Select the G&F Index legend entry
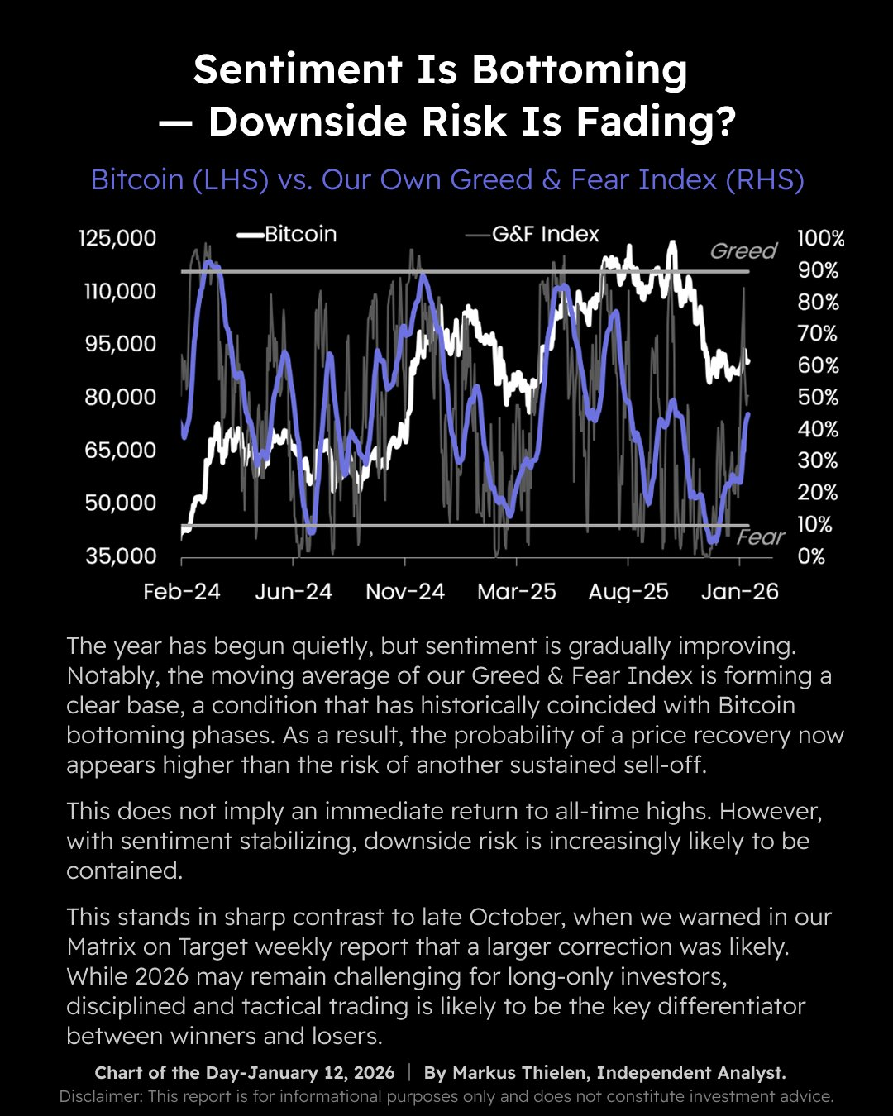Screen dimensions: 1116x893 [545, 234]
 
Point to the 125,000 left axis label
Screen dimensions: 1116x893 [117, 238]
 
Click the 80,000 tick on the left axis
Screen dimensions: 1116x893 [121, 397]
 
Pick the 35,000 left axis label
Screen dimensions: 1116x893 [121, 556]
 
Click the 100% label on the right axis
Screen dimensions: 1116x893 [820, 239]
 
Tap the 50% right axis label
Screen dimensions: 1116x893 [818, 398]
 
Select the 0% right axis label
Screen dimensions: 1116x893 [811, 556]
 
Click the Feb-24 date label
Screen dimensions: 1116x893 [182, 592]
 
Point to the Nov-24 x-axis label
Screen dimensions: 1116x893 [405, 592]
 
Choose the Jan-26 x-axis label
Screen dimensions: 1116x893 [740, 592]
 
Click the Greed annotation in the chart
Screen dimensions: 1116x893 [743, 250]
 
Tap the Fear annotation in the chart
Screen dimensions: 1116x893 [760, 537]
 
